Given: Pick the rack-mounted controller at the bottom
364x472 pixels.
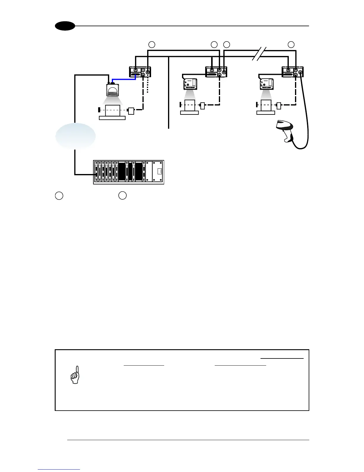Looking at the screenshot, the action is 128,172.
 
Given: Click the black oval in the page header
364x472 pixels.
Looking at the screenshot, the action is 65,26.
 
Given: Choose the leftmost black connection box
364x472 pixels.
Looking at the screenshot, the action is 140,72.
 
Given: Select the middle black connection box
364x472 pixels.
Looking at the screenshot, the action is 216,72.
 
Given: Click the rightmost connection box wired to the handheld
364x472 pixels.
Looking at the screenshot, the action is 292,72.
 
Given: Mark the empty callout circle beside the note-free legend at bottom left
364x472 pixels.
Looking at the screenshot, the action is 59,196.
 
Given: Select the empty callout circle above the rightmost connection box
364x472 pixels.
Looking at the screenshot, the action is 291,44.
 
